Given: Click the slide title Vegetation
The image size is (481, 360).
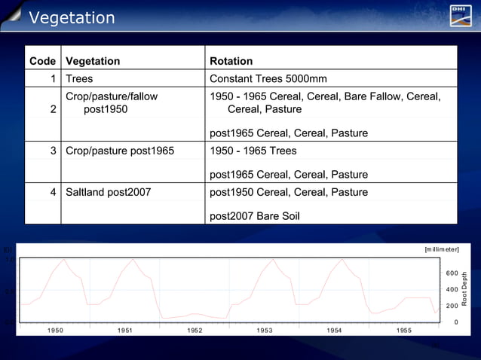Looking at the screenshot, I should [x=72, y=17].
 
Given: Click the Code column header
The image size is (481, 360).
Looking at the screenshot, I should [x=42, y=61].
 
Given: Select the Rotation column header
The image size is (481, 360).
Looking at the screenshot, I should [x=231, y=61].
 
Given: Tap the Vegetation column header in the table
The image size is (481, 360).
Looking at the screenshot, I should [x=93, y=61].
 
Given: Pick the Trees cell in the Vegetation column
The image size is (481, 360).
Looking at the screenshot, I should [x=79, y=78].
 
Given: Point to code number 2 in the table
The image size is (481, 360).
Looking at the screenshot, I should [x=53, y=109].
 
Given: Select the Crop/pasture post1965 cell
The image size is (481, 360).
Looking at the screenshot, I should [x=120, y=151].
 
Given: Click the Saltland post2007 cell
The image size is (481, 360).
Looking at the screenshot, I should [x=108, y=192].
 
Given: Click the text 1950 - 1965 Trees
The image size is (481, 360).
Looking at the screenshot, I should [x=253, y=151].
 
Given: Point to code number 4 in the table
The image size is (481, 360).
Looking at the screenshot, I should [x=53, y=192].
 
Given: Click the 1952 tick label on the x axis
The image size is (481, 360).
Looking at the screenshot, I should [x=195, y=331].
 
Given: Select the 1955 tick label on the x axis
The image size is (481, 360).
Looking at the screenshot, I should [x=404, y=331].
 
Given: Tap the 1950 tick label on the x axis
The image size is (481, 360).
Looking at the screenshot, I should [x=55, y=331].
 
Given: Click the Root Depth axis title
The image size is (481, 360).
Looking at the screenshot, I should [x=465, y=288].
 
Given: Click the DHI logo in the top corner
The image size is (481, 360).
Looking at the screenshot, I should [x=461, y=15].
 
